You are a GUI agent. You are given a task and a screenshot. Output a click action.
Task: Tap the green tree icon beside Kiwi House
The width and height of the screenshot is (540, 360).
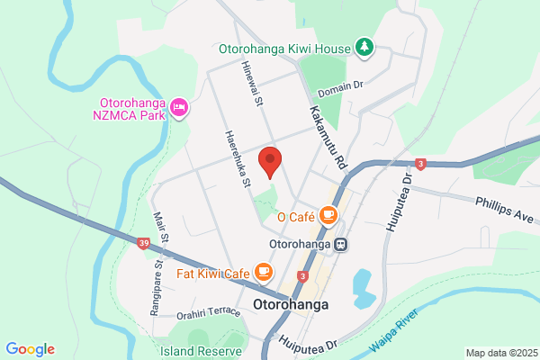coord(364,46)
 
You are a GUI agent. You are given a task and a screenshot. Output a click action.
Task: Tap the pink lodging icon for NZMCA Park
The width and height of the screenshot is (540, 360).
coord(180,108)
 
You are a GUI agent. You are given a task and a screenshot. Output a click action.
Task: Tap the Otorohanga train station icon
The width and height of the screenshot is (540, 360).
coord(341,243)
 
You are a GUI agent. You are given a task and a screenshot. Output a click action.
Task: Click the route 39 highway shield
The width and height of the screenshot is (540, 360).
coord(143,243)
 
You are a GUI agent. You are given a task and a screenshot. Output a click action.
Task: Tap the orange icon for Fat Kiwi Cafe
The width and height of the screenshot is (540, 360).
coord(263,271)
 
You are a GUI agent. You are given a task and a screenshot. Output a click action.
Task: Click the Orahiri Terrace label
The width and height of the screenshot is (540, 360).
coord(209,313)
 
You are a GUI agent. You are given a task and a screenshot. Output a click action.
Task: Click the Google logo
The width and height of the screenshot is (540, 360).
coord(30,349)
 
